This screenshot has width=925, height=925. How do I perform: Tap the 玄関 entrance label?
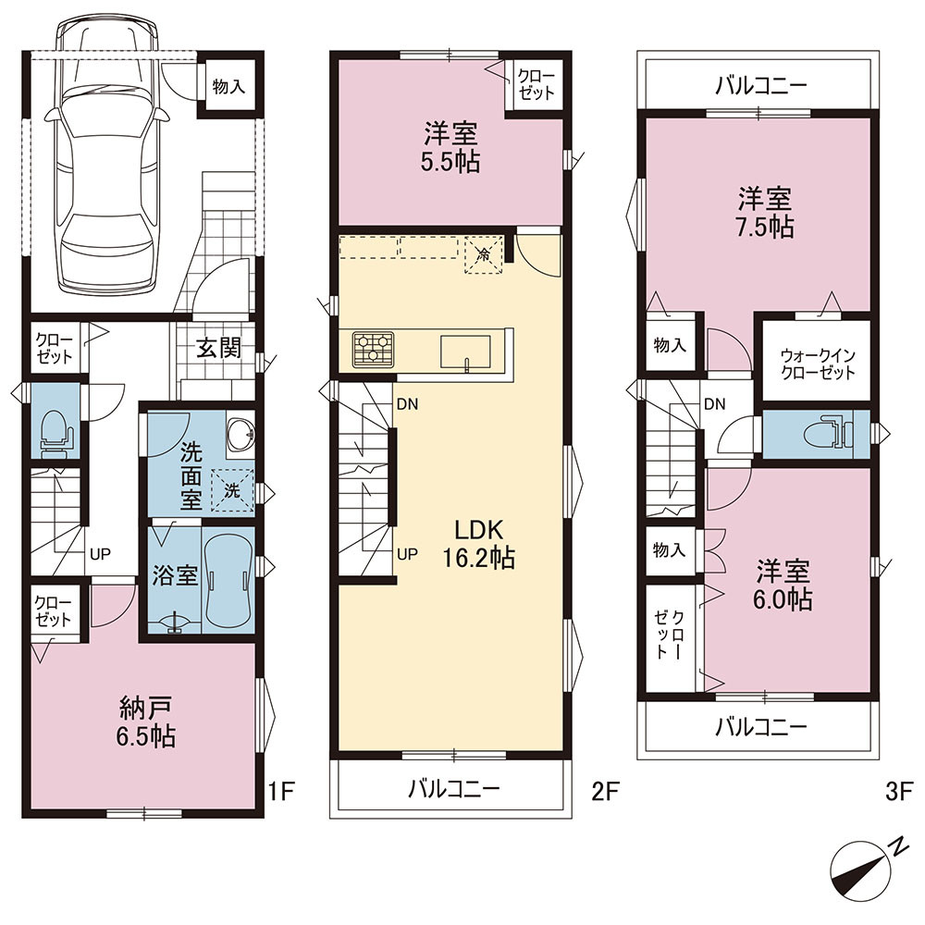tap(218, 348)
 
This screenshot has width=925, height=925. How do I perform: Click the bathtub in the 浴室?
tap(228, 581)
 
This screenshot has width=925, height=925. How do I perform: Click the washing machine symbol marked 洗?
tap(232, 490)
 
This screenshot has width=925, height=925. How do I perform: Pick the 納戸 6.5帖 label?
tap(146, 721)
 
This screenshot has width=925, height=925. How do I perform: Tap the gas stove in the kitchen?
tap(374, 350)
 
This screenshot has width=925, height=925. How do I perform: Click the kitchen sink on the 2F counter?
tap(466, 351)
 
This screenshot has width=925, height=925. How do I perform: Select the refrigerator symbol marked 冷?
tap(483, 255)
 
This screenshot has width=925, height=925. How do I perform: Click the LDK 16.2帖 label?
tap(478, 543)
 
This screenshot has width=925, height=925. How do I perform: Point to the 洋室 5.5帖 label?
tap(450, 147)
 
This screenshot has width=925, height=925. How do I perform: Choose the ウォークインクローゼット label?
tap(818, 364)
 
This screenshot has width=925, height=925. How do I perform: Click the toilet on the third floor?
tap(829, 434)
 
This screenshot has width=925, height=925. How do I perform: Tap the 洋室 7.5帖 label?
tap(765, 213)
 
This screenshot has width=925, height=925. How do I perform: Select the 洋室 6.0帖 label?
tap(783, 586)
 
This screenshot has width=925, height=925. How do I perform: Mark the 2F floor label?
tap(605, 791)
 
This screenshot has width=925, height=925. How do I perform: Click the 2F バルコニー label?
tap(454, 788)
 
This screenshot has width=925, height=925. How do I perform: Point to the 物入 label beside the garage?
tap(228, 87)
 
